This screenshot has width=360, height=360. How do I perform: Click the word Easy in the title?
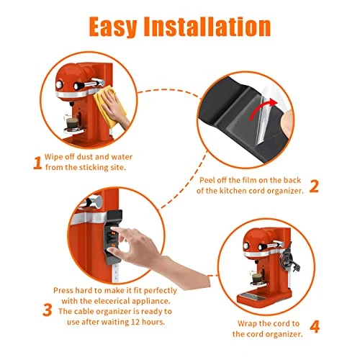click(113, 27)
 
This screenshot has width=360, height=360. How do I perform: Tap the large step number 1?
click(37, 163)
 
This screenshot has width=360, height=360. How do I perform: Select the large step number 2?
click(314, 186)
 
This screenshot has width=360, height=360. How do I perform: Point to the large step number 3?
click(48, 310)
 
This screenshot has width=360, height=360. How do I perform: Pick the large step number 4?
click(315, 326)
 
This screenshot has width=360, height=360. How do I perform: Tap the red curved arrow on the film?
click(262, 109)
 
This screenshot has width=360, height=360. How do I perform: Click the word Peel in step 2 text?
click(206, 180)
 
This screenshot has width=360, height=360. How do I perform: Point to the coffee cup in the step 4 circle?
click(256, 279)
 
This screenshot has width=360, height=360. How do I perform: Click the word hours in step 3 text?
click(153, 322)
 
